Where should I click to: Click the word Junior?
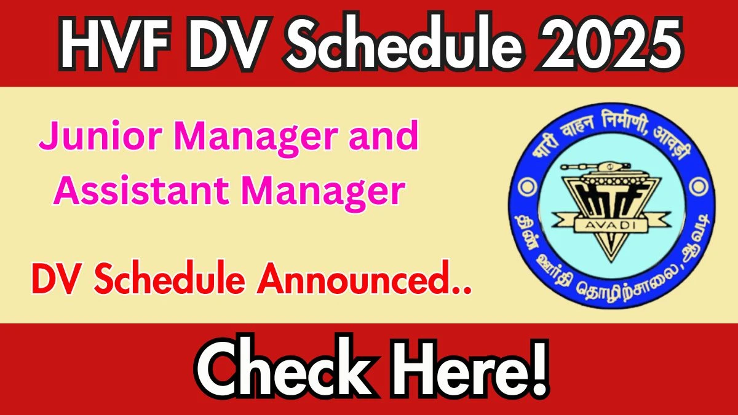point(100,136)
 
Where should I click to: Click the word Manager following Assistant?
point(323,194)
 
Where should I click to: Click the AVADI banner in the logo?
point(611,226)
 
